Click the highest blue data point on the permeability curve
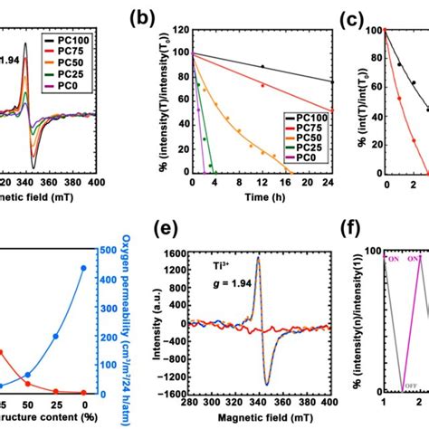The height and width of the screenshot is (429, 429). click(x=85, y=268)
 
